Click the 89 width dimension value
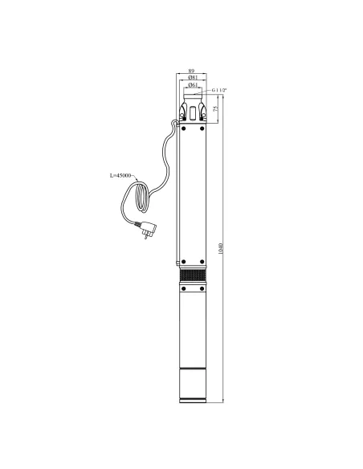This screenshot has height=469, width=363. click(191, 71)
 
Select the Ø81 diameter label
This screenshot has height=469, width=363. click(193, 77)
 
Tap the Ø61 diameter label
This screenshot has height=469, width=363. click(193, 85)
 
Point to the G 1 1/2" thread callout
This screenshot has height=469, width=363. click(219, 90)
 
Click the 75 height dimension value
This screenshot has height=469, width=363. click(215, 109)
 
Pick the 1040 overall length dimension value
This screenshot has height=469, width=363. click(221, 249)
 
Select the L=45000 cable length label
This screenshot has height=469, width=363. click(120, 176)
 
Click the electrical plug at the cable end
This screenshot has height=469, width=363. click(147, 229)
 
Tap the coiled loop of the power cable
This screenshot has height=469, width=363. click(141, 197)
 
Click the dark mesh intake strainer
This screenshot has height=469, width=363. click(193, 275)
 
